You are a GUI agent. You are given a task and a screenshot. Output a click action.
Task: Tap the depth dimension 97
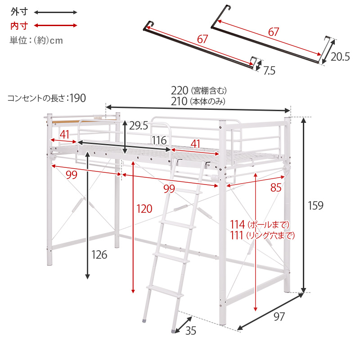pos(279,317)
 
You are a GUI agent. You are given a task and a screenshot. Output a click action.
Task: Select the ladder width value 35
pos(191,331)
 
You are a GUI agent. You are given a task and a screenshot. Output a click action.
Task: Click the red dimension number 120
pos(144,208)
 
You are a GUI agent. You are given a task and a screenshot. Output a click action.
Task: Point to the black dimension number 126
pos(99,255)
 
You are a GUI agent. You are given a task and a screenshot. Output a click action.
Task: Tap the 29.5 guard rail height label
pos(139,126)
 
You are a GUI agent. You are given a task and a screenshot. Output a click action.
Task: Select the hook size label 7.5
pos(270,70)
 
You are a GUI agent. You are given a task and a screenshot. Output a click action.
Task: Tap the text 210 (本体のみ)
pos(198,101)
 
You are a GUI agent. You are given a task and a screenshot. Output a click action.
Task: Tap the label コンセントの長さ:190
pos(46,98)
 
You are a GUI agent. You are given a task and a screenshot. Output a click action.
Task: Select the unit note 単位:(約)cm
pos(36,40)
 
